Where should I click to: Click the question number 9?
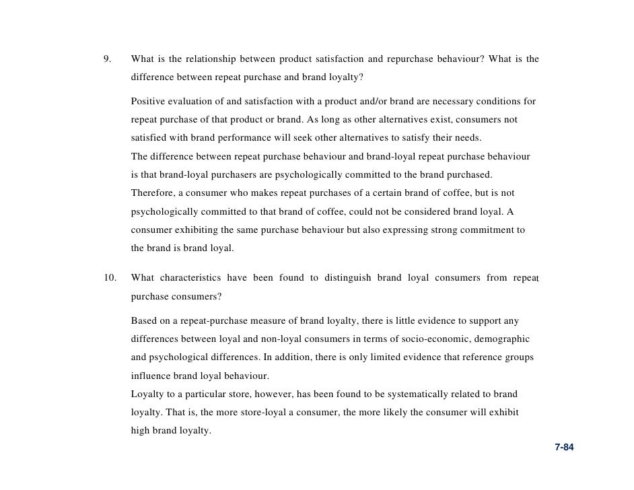[x=107, y=59]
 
